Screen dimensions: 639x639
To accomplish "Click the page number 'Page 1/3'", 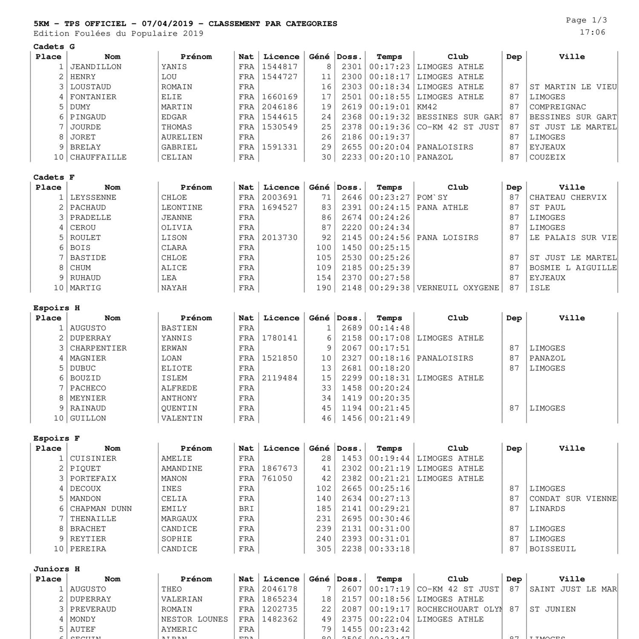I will pyautogui.click(x=586, y=20).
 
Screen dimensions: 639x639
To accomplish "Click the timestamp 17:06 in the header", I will pyautogui.click(x=592, y=32).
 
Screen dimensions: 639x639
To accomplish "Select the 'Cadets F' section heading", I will pyautogui.click(x=54, y=177).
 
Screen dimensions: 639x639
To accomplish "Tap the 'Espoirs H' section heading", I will pyautogui.click(x=57, y=308).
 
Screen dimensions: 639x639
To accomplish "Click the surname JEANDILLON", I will pyautogui.click(x=96, y=67).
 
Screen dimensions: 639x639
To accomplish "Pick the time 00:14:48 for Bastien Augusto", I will pyautogui.click(x=389, y=328).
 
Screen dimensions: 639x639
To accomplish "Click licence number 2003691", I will pyautogui.click(x=279, y=198).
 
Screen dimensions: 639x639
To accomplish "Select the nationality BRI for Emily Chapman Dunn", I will pyautogui.click(x=246, y=509).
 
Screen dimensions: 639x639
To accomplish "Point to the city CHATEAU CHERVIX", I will pyautogui.click(x=567, y=198).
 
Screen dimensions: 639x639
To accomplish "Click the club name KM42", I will pyautogui.click(x=427, y=107).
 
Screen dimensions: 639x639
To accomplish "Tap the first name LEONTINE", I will pyautogui.click(x=181, y=207).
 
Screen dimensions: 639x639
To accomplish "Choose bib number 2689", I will pyautogui.click(x=351, y=328).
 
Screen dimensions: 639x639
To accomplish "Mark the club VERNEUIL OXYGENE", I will pyautogui.click(x=458, y=288).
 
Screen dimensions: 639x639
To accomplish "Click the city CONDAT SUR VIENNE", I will pyautogui.click(x=573, y=499).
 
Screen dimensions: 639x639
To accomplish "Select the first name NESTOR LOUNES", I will pyautogui.click(x=194, y=619).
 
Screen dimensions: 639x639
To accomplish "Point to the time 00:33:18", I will pyautogui.click(x=389, y=549).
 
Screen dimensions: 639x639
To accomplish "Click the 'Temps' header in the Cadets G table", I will pyautogui.click(x=389, y=57).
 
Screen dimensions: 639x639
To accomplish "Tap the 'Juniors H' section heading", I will pyautogui.click(x=57, y=569).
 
